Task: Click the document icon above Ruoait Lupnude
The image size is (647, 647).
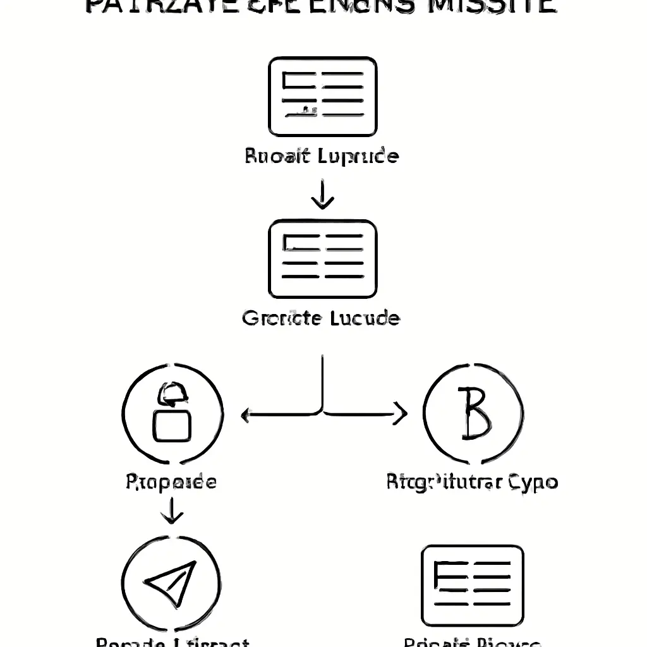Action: [x=323, y=96]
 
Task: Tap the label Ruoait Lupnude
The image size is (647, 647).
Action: [x=322, y=155]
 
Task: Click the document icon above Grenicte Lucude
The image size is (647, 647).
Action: [x=323, y=258]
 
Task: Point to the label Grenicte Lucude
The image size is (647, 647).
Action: [x=321, y=317]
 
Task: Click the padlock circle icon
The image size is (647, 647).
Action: [x=172, y=414]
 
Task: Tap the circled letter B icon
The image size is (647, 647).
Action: [x=473, y=414]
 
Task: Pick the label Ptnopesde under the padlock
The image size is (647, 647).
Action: [x=171, y=483]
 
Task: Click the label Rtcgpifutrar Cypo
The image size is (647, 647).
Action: [x=472, y=483]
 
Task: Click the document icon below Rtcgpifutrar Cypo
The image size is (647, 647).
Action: [x=473, y=585]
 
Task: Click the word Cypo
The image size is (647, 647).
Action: [x=532, y=483]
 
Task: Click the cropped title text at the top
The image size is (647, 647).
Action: [x=320, y=6]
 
